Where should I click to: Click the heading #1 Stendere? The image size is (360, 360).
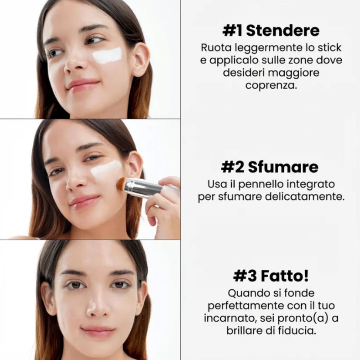(271, 31)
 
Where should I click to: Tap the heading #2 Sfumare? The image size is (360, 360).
(270, 167)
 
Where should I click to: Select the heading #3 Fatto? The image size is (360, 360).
(271, 276)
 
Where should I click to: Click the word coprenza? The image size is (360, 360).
(271, 86)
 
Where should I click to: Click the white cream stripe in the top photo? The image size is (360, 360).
(107, 56)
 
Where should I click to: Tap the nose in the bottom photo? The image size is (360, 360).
(96, 306)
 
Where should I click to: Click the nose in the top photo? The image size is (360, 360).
(74, 63)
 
